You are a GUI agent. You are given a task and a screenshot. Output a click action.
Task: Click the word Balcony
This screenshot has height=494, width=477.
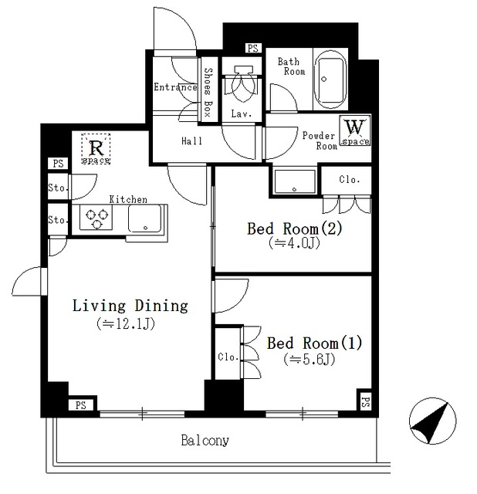tap(205, 442)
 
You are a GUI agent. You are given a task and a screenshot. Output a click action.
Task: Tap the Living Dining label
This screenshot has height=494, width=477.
tap(130, 306)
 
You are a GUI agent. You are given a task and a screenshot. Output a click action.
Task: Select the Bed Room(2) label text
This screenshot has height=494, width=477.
tap(293, 228)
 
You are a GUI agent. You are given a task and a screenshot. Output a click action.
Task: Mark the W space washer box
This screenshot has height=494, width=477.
tap(355, 131)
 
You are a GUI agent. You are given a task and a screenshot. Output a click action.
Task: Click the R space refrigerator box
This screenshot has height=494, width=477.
tap(96, 148)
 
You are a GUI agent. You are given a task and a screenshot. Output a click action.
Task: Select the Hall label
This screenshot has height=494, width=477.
tap(191, 141)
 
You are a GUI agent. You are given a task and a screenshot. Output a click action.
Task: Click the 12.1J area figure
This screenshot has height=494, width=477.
tap(127, 323)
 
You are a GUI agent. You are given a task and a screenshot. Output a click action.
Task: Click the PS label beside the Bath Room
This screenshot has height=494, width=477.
tap(252, 49)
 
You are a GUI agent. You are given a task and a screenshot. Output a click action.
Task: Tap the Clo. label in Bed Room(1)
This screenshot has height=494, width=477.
tap(227, 357)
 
